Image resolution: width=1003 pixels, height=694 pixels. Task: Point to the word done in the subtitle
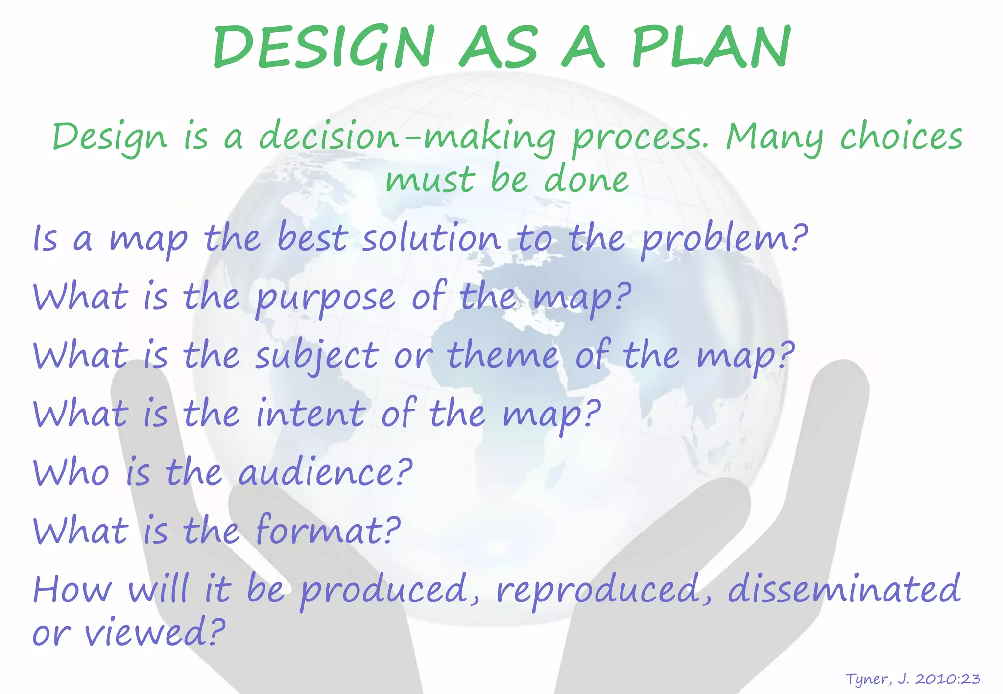point(586,180)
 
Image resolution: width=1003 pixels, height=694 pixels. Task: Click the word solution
point(431,238)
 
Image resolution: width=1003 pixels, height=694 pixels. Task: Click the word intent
point(310,414)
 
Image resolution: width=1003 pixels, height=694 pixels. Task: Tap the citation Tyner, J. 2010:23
point(913,679)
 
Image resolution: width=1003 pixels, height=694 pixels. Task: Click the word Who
point(71,472)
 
